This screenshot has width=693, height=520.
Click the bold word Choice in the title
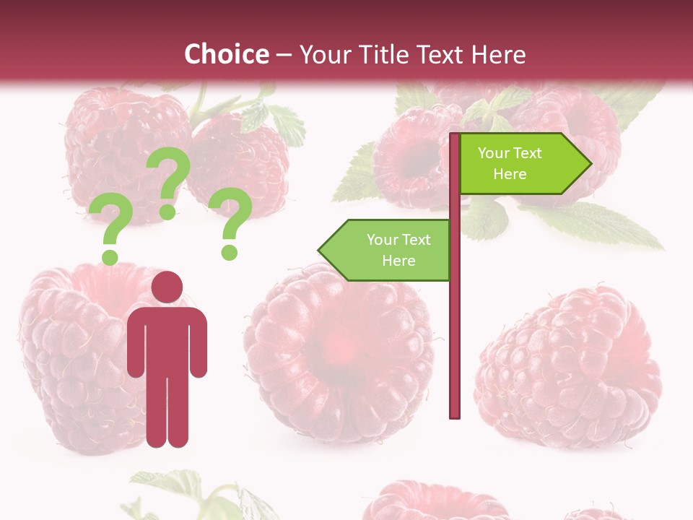click(226, 54)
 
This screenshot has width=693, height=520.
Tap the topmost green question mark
click(168, 181)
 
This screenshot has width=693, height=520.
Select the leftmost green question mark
click(110, 230)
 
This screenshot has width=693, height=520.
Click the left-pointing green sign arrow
click(386, 250)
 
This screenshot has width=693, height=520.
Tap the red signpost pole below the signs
click(455, 347)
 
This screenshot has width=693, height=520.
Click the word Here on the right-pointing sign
click(510, 174)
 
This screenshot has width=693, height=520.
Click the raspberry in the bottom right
click(570, 368)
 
